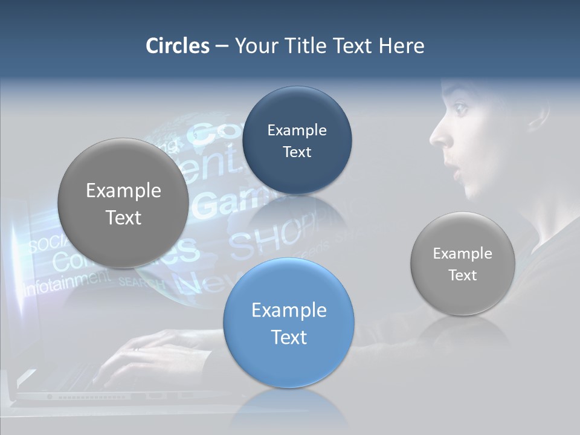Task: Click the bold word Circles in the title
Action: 178,46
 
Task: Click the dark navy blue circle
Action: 297,140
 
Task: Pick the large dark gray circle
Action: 123,203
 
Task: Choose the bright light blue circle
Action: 289,323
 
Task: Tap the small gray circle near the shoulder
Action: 463,263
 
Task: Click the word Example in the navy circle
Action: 297,130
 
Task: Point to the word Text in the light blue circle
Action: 289,337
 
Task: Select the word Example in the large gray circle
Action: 123,190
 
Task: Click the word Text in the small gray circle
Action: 463,275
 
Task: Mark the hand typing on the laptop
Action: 145,350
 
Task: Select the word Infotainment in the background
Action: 66,282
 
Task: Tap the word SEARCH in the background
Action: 140,282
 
